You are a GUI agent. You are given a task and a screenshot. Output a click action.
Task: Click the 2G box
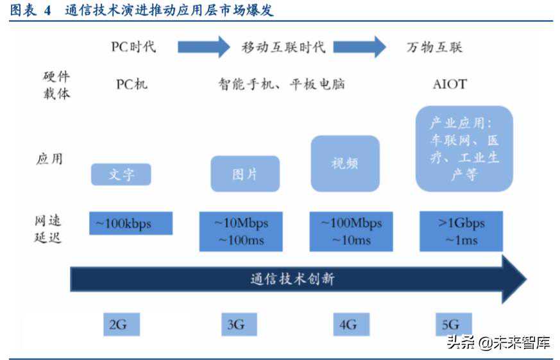[117, 324]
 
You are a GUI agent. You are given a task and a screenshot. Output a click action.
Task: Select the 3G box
[235, 324]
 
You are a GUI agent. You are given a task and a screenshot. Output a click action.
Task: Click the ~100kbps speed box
[130, 223]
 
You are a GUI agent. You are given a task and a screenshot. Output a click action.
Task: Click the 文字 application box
[121, 175]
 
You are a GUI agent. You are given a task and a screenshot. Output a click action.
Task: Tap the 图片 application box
[245, 174]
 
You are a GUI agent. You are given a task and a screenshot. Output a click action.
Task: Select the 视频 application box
[345, 163]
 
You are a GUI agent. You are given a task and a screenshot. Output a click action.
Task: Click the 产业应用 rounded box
[464, 149]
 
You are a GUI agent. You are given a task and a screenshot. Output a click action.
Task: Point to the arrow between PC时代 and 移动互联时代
[203, 47]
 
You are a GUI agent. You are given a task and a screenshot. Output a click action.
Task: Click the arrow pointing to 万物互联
[359, 47]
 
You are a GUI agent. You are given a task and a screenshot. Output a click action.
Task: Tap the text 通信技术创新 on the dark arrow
[292, 279]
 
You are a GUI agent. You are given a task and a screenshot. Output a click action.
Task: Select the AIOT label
[450, 84]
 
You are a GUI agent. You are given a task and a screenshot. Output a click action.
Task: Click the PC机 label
[132, 84]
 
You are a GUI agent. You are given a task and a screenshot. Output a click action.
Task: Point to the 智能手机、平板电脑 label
[282, 84]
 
